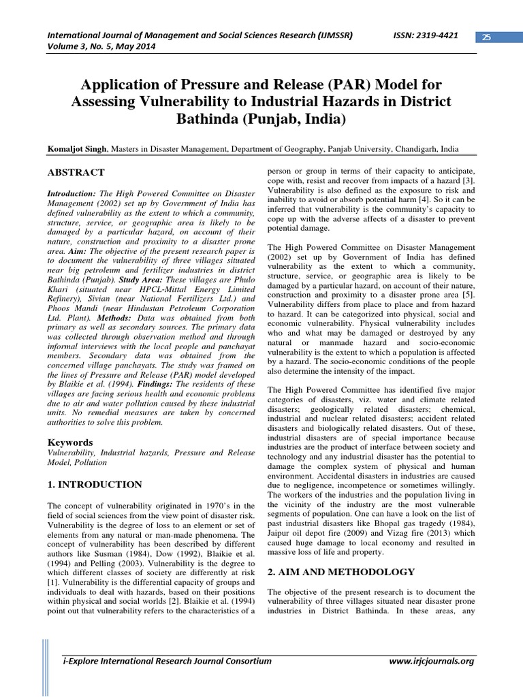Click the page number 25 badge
(486, 37)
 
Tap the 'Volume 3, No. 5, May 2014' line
(101, 48)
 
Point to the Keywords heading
(69, 442)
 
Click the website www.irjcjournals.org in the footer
(430, 661)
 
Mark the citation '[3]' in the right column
(471, 179)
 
